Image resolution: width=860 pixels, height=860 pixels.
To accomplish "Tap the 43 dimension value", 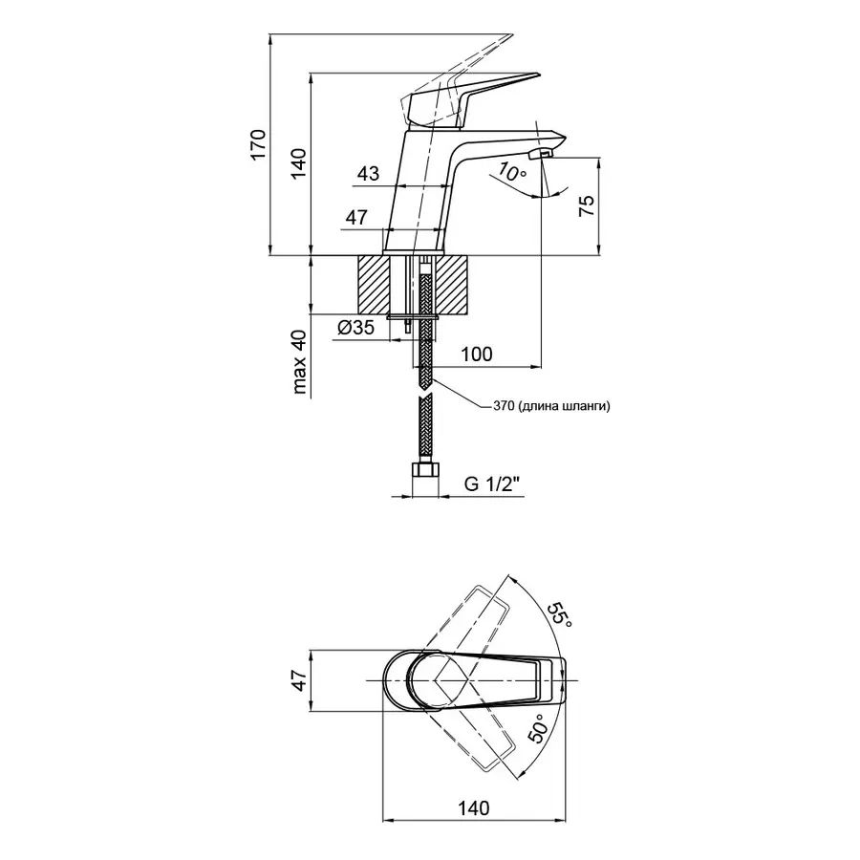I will point(368,174).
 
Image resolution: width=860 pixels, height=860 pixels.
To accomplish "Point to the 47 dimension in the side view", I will point(356,218).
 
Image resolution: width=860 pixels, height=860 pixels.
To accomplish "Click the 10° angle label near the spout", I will point(512,174).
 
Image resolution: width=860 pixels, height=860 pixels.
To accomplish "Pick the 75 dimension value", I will point(588,207).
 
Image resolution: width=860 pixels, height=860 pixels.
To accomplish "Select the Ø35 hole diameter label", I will point(355,329).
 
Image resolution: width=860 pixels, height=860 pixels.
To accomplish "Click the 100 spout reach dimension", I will point(476,355).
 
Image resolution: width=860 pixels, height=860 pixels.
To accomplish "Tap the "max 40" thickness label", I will point(300,361).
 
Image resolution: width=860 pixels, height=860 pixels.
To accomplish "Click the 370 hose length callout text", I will point(552,405).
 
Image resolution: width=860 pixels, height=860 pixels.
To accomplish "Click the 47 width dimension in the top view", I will point(299,679).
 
